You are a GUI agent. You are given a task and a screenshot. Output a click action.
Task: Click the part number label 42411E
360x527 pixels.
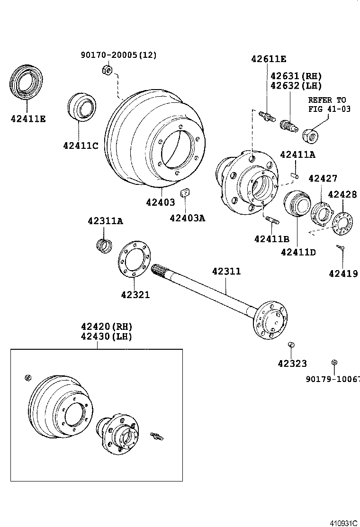(28, 118)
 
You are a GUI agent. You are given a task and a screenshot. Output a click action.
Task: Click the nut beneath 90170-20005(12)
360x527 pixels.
(107, 72)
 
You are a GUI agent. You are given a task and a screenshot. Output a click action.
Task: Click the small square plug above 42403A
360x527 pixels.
(185, 193)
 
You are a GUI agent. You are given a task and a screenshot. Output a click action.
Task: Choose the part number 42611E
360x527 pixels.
(269, 59)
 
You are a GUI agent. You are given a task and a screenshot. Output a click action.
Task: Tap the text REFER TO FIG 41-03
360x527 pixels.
(327, 104)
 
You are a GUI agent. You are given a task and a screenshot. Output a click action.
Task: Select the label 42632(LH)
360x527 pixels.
(296, 86)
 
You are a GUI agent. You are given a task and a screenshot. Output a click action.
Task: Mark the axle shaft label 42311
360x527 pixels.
(226, 272)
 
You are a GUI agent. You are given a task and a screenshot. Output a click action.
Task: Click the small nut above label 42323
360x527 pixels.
(292, 344)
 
